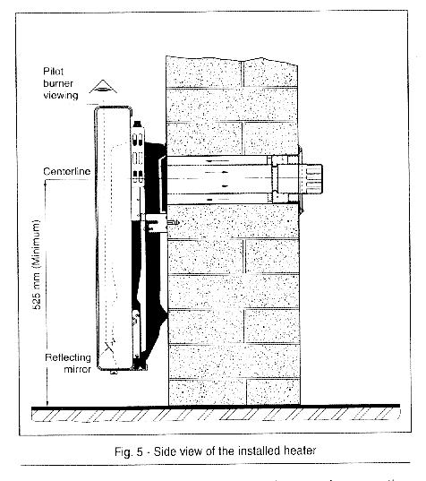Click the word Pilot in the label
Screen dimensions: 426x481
click(x=53, y=72)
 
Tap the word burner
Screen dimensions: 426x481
click(x=58, y=83)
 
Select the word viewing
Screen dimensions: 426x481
click(x=61, y=96)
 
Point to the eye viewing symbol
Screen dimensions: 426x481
click(x=103, y=87)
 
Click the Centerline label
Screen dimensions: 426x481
click(x=67, y=171)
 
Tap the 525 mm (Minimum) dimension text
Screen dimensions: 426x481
click(x=36, y=264)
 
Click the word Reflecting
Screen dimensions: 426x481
click(x=68, y=357)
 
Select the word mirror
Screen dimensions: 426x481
click(x=77, y=369)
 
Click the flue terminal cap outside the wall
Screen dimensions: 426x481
click(x=311, y=179)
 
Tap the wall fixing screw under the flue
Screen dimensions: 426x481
click(x=173, y=223)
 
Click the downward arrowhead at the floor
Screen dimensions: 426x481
click(x=47, y=403)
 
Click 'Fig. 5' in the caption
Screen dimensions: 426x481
click(x=129, y=451)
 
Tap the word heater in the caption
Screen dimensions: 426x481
click(x=300, y=451)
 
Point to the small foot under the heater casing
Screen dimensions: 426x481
click(x=114, y=372)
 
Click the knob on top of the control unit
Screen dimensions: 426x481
click(x=138, y=125)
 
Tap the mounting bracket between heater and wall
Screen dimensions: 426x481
click(x=156, y=223)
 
